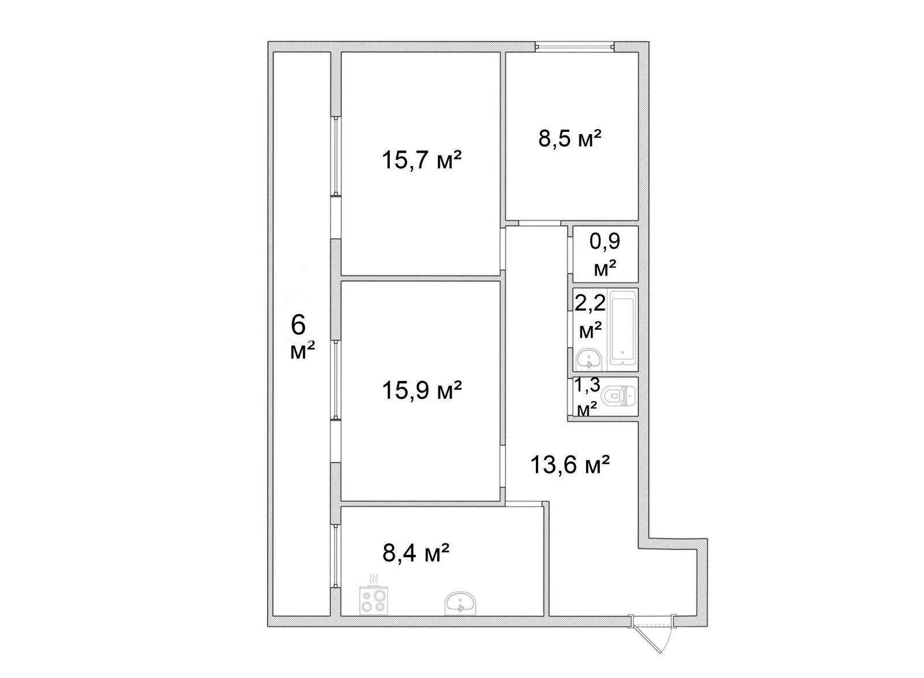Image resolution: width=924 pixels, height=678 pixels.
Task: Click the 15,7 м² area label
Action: coord(421,160)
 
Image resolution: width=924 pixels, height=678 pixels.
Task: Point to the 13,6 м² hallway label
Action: coord(569,465)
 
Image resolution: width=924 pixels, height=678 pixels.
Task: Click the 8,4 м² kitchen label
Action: coord(415,553)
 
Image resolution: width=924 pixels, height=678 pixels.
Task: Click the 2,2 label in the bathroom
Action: coord(590,304)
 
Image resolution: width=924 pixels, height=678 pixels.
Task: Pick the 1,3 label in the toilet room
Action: coord(587,385)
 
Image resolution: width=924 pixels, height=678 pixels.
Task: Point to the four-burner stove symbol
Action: coord(373,600)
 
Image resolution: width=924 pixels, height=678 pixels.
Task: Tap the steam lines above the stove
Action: coord(373,579)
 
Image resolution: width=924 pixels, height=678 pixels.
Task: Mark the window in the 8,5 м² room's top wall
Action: coord(575,47)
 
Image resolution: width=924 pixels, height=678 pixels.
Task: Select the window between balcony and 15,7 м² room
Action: coord(336,155)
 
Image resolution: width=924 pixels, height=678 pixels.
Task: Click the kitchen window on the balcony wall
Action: coord(336,556)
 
